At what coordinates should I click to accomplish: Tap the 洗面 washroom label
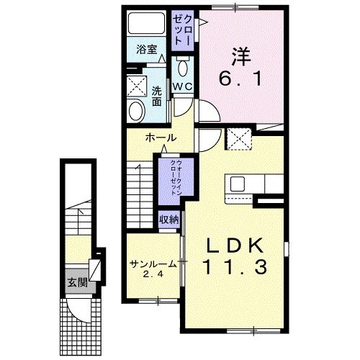click(156, 96)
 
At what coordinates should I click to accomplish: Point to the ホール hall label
click(160, 137)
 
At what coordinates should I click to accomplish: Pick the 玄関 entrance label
click(77, 282)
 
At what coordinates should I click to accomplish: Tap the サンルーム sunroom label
click(153, 264)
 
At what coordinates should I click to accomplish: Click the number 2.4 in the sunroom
click(153, 274)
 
